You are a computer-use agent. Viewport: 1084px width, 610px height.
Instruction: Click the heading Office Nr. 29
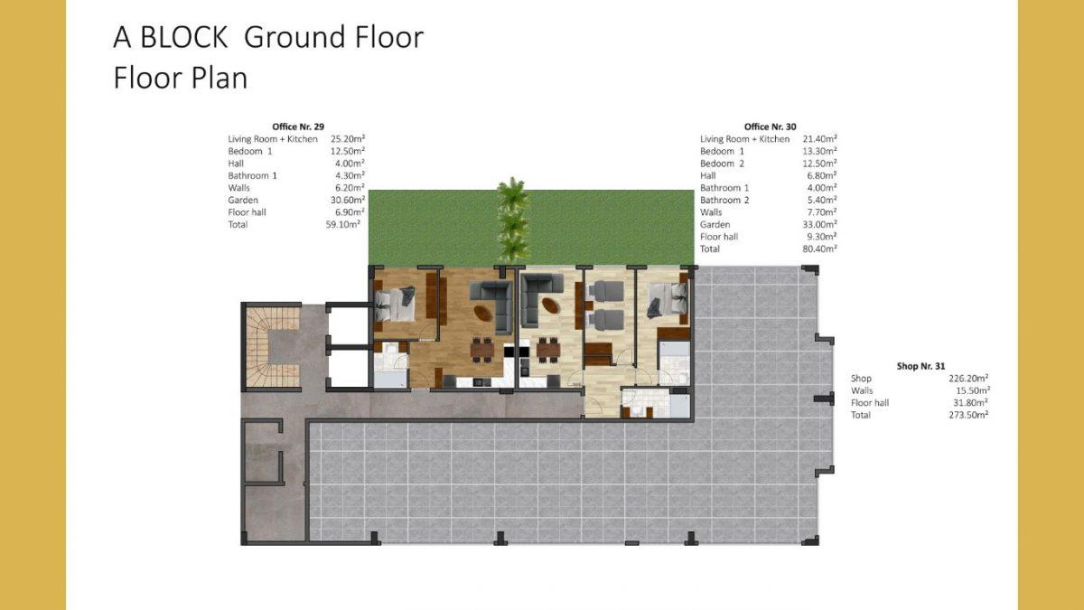298,127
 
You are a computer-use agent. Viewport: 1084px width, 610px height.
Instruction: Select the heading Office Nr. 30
770,127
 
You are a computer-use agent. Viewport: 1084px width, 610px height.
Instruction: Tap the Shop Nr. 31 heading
920,366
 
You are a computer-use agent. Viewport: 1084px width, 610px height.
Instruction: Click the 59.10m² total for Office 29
343,224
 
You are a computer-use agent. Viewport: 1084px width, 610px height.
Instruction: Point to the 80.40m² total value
820,249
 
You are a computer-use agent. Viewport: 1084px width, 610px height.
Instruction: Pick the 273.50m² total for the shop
968,415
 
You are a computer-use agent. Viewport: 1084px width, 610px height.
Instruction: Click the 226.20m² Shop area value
968,378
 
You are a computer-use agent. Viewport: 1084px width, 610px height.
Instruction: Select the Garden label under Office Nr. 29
243,200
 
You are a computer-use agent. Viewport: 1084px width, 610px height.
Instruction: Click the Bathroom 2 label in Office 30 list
724,200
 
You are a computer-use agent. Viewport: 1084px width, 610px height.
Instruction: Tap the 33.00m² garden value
820,224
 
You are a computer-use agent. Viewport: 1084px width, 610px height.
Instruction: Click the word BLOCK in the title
184,37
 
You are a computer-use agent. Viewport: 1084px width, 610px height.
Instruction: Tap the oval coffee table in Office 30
550,305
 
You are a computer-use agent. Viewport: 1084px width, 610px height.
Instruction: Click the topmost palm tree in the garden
513,192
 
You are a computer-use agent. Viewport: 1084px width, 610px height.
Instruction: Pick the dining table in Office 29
482,349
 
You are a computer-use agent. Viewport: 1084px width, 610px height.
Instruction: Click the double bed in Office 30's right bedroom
668,300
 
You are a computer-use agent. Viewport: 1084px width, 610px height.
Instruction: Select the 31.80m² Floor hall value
970,403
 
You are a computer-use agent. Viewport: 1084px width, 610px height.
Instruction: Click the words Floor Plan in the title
181,78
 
